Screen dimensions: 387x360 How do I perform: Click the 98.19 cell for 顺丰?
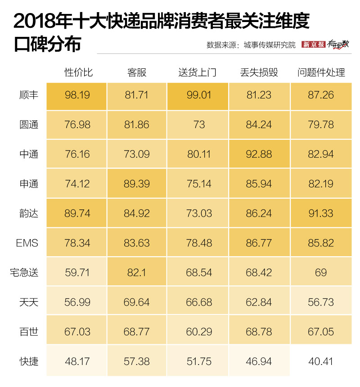click(77, 95)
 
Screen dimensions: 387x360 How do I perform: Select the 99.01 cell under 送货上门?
click(198, 95)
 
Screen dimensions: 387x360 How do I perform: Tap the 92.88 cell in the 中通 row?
click(259, 154)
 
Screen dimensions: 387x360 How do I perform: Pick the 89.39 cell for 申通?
click(137, 184)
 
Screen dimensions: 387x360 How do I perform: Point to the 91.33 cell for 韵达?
click(320, 214)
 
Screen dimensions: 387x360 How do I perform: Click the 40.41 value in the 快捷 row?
click(320, 361)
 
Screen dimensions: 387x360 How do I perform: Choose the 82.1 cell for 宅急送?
click(137, 272)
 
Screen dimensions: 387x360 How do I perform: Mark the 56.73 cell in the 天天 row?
click(320, 302)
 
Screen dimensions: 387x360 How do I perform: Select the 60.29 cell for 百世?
click(198, 332)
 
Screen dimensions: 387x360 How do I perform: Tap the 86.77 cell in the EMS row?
click(259, 243)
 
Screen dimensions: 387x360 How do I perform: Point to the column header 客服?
click(137, 72)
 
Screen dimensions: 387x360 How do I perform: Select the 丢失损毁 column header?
click(259, 72)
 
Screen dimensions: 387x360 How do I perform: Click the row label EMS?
click(27, 243)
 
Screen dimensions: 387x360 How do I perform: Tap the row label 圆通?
click(29, 125)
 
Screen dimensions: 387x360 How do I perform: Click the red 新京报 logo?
click(313, 44)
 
